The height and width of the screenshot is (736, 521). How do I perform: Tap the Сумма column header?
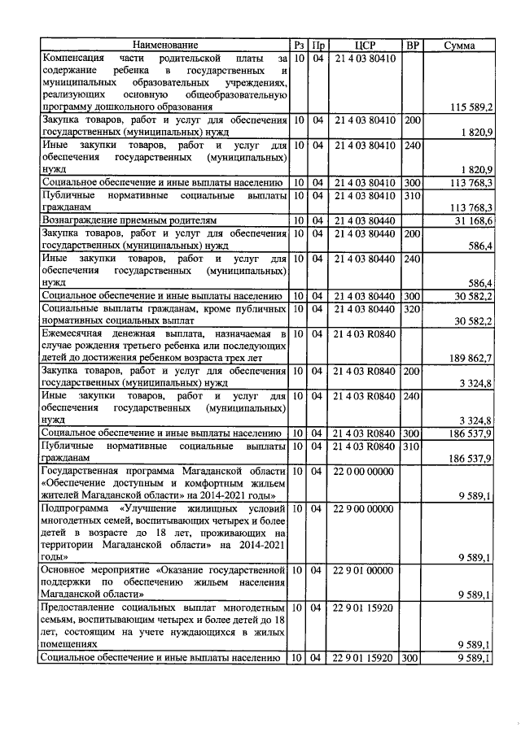[461, 46]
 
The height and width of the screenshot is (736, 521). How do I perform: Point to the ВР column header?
[413, 46]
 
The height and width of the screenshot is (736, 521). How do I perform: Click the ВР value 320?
[413, 310]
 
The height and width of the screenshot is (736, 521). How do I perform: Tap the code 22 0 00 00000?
[365, 472]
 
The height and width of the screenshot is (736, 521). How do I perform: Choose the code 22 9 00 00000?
[365, 509]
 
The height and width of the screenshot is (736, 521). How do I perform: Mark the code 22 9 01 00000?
[364, 570]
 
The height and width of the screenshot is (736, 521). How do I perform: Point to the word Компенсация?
[72, 59]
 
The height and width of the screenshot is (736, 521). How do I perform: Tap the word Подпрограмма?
[75, 509]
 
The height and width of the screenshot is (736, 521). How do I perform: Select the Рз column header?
[299, 46]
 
